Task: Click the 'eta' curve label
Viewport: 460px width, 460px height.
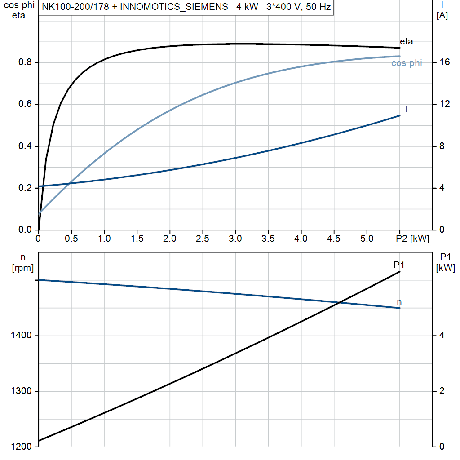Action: point(406,42)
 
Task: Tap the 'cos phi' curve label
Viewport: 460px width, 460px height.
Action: point(407,63)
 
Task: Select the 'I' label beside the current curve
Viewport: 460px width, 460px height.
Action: point(407,109)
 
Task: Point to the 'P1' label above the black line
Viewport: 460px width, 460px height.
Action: point(399,265)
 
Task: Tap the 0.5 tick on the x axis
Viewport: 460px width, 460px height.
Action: point(71,239)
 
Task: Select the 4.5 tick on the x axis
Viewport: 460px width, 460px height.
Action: point(334,239)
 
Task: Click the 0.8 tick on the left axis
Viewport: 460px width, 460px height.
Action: point(25,62)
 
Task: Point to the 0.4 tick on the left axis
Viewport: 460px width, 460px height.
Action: point(25,146)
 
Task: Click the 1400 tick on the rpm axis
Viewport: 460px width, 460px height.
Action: point(20,336)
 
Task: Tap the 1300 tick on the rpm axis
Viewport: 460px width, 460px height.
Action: point(20,391)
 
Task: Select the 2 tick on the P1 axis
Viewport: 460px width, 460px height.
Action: point(442,391)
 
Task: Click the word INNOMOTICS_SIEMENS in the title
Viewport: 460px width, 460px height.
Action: point(174,8)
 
